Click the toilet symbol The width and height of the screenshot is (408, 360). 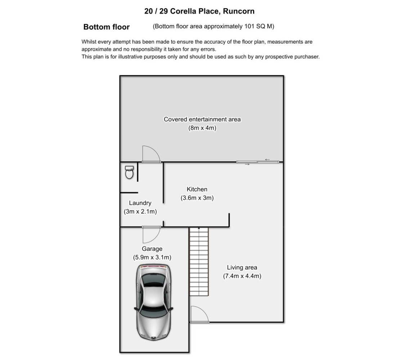pyautogui.click(x=129, y=172)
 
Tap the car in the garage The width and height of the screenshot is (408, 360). pyautogui.click(x=153, y=302)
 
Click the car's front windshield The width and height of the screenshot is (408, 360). pyautogui.click(x=153, y=312)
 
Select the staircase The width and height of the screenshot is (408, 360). pyautogui.click(x=199, y=261)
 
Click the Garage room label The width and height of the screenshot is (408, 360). pyautogui.click(x=152, y=249)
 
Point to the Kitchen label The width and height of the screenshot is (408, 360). pyautogui.click(x=197, y=189)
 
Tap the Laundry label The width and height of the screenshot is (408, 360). pyautogui.click(x=140, y=203)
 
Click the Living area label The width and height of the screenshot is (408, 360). pyautogui.click(x=242, y=267)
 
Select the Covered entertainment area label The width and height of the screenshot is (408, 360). pyautogui.click(x=202, y=119)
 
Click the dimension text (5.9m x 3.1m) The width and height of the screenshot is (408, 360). pyautogui.click(x=152, y=257)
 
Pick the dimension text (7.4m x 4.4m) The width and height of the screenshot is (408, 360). pyautogui.click(x=242, y=276)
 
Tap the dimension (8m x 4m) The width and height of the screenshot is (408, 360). pyautogui.click(x=202, y=128)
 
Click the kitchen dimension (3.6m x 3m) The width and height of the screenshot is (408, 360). pyautogui.click(x=197, y=198)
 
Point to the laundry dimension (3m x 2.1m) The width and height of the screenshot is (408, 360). pyautogui.click(x=140, y=212)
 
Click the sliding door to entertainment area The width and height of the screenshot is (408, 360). pyautogui.click(x=257, y=162)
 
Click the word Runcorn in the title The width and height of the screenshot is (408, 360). pyautogui.click(x=239, y=11)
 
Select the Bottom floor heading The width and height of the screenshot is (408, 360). pyautogui.click(x=107, y=27)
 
